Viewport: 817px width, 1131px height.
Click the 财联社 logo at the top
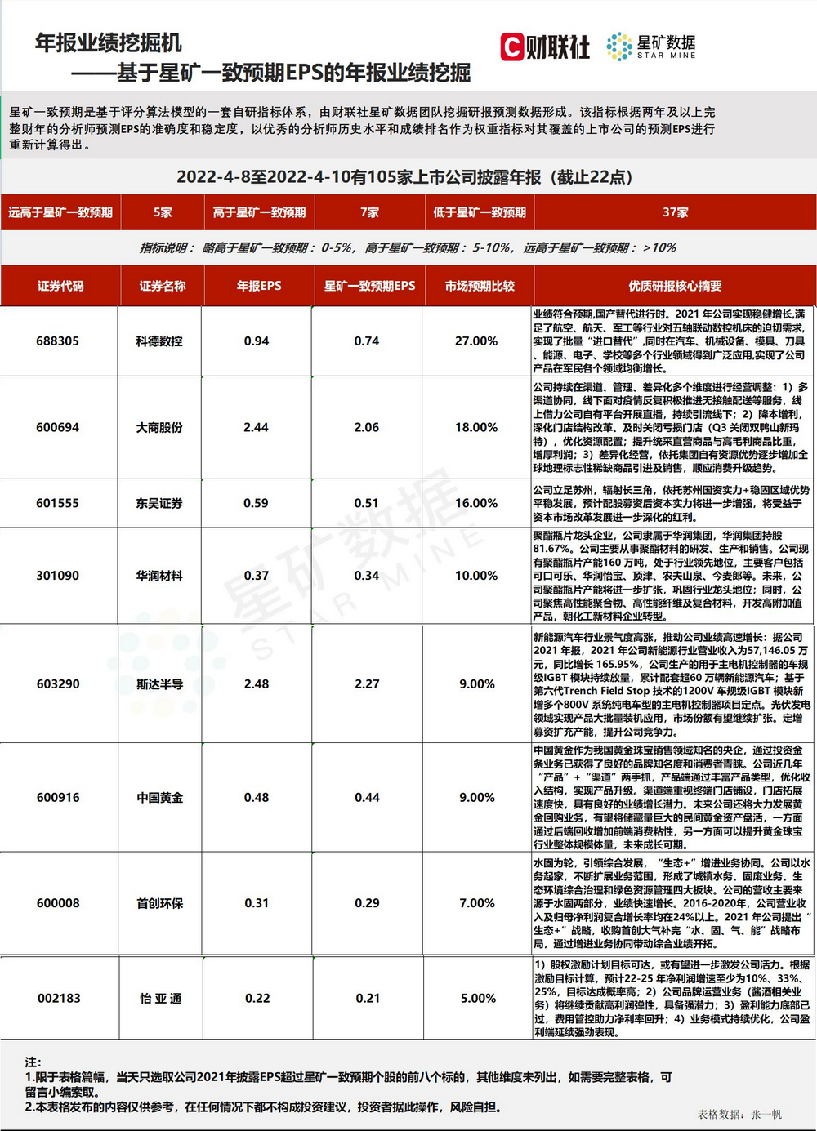(545, 47)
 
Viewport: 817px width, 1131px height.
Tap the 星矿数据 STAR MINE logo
(651, 47)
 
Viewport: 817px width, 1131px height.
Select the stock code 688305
(58, 341)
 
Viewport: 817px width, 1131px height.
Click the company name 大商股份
(159, 427)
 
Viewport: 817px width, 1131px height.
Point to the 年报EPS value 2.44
(256, 427)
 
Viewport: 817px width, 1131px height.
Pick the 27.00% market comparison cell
(476, 341)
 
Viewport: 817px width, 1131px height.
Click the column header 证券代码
(60, 286)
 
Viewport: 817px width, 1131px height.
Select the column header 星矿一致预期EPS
(369, 286)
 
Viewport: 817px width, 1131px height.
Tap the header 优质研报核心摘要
(675, 286)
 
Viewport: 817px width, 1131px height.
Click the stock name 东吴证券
(159, 503)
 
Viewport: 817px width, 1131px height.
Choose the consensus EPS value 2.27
(367, 683)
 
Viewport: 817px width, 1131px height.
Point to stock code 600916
(58, 797)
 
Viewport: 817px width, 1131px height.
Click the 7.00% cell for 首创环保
(477, 903)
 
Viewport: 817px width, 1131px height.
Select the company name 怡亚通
(160, 998)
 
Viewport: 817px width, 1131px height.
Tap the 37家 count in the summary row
(675, 212)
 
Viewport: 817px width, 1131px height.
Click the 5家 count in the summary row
(163, 212)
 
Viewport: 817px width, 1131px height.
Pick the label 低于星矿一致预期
(480, 212)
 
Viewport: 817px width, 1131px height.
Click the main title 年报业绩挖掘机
(109, 43)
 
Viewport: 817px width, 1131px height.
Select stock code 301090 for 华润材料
(58, 576)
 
